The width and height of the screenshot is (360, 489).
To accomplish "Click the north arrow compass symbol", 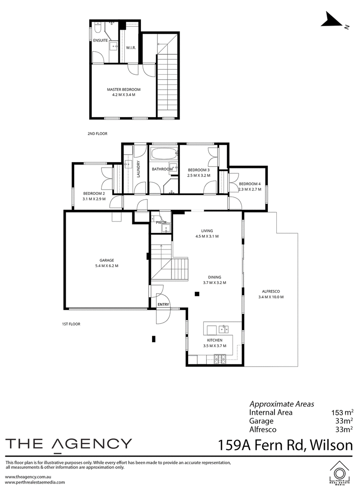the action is click(x=333, y=20).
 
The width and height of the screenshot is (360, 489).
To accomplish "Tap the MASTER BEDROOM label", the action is click(x=124, y=90).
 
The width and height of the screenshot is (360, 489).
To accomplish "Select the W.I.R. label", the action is click(x=130, y=48).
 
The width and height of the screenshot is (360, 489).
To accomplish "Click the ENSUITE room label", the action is click(x=100, y=40).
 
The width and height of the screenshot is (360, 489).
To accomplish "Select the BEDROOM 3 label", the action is click(x=198, y=170).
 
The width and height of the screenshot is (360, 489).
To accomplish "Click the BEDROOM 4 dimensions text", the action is click(x=250, y=189).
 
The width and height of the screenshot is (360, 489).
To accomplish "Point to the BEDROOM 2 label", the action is click(x=94, y=193).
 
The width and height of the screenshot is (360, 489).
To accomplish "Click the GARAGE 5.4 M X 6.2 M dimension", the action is click(x=107, y=266).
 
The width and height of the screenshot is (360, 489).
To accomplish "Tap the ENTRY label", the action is click(x=163, y=304).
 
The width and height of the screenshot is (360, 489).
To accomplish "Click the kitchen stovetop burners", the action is click(x=220, y=359).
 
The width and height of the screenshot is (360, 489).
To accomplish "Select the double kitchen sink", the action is click(x=224, y=329).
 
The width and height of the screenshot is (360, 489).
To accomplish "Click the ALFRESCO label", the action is click(x=271, y=291).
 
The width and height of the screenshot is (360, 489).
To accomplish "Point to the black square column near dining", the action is click(x=197, y=294).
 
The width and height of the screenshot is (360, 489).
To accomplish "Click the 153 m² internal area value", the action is click(x=342, y=412).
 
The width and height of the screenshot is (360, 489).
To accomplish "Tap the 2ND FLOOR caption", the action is click(x=98, y=134).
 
